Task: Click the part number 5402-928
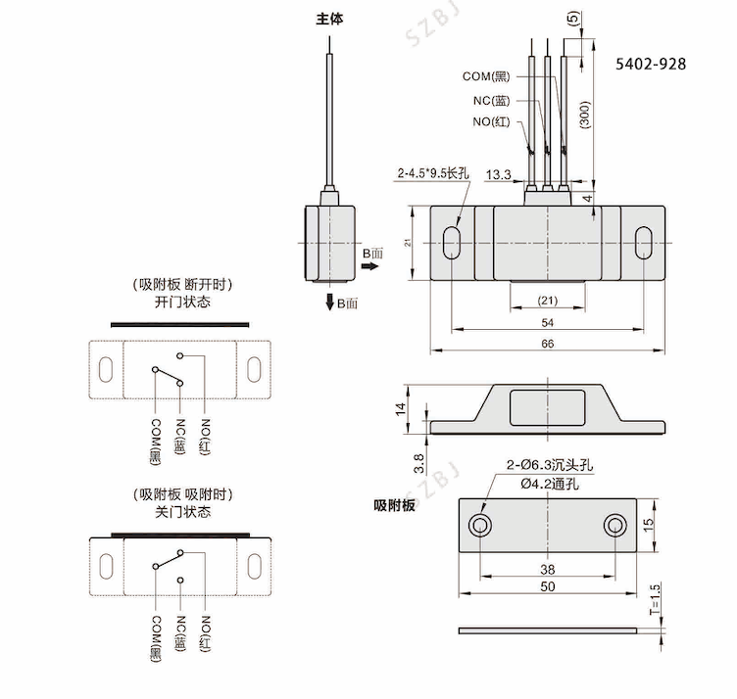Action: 651,64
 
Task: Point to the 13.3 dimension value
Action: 498,174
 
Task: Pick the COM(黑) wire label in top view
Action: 487,76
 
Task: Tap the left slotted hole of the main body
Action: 452,242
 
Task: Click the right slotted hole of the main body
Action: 644,242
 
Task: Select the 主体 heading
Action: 330,19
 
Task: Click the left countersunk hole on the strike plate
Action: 481,524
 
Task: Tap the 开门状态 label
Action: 182,303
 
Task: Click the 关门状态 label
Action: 182,511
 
